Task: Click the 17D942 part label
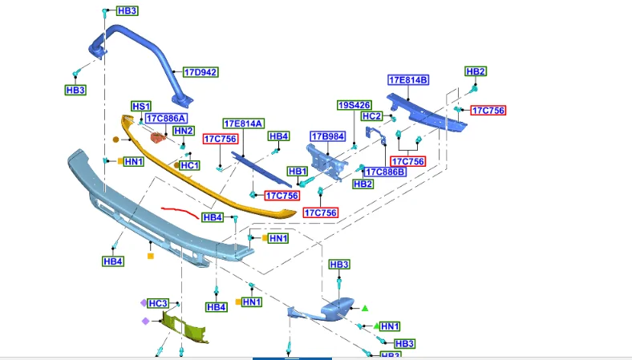201,73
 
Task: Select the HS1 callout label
141,107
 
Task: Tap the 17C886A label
166,118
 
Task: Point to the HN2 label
184,131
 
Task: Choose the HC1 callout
189,165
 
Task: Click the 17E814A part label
244,123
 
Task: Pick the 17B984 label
328,136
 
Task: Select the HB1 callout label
298,172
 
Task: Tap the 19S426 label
354,105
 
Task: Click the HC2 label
371,116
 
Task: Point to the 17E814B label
408,80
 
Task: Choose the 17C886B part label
385,172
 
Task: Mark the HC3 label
157,303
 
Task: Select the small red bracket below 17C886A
159,137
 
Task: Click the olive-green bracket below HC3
185,327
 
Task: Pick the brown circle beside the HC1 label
176,165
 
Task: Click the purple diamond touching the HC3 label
144,303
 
